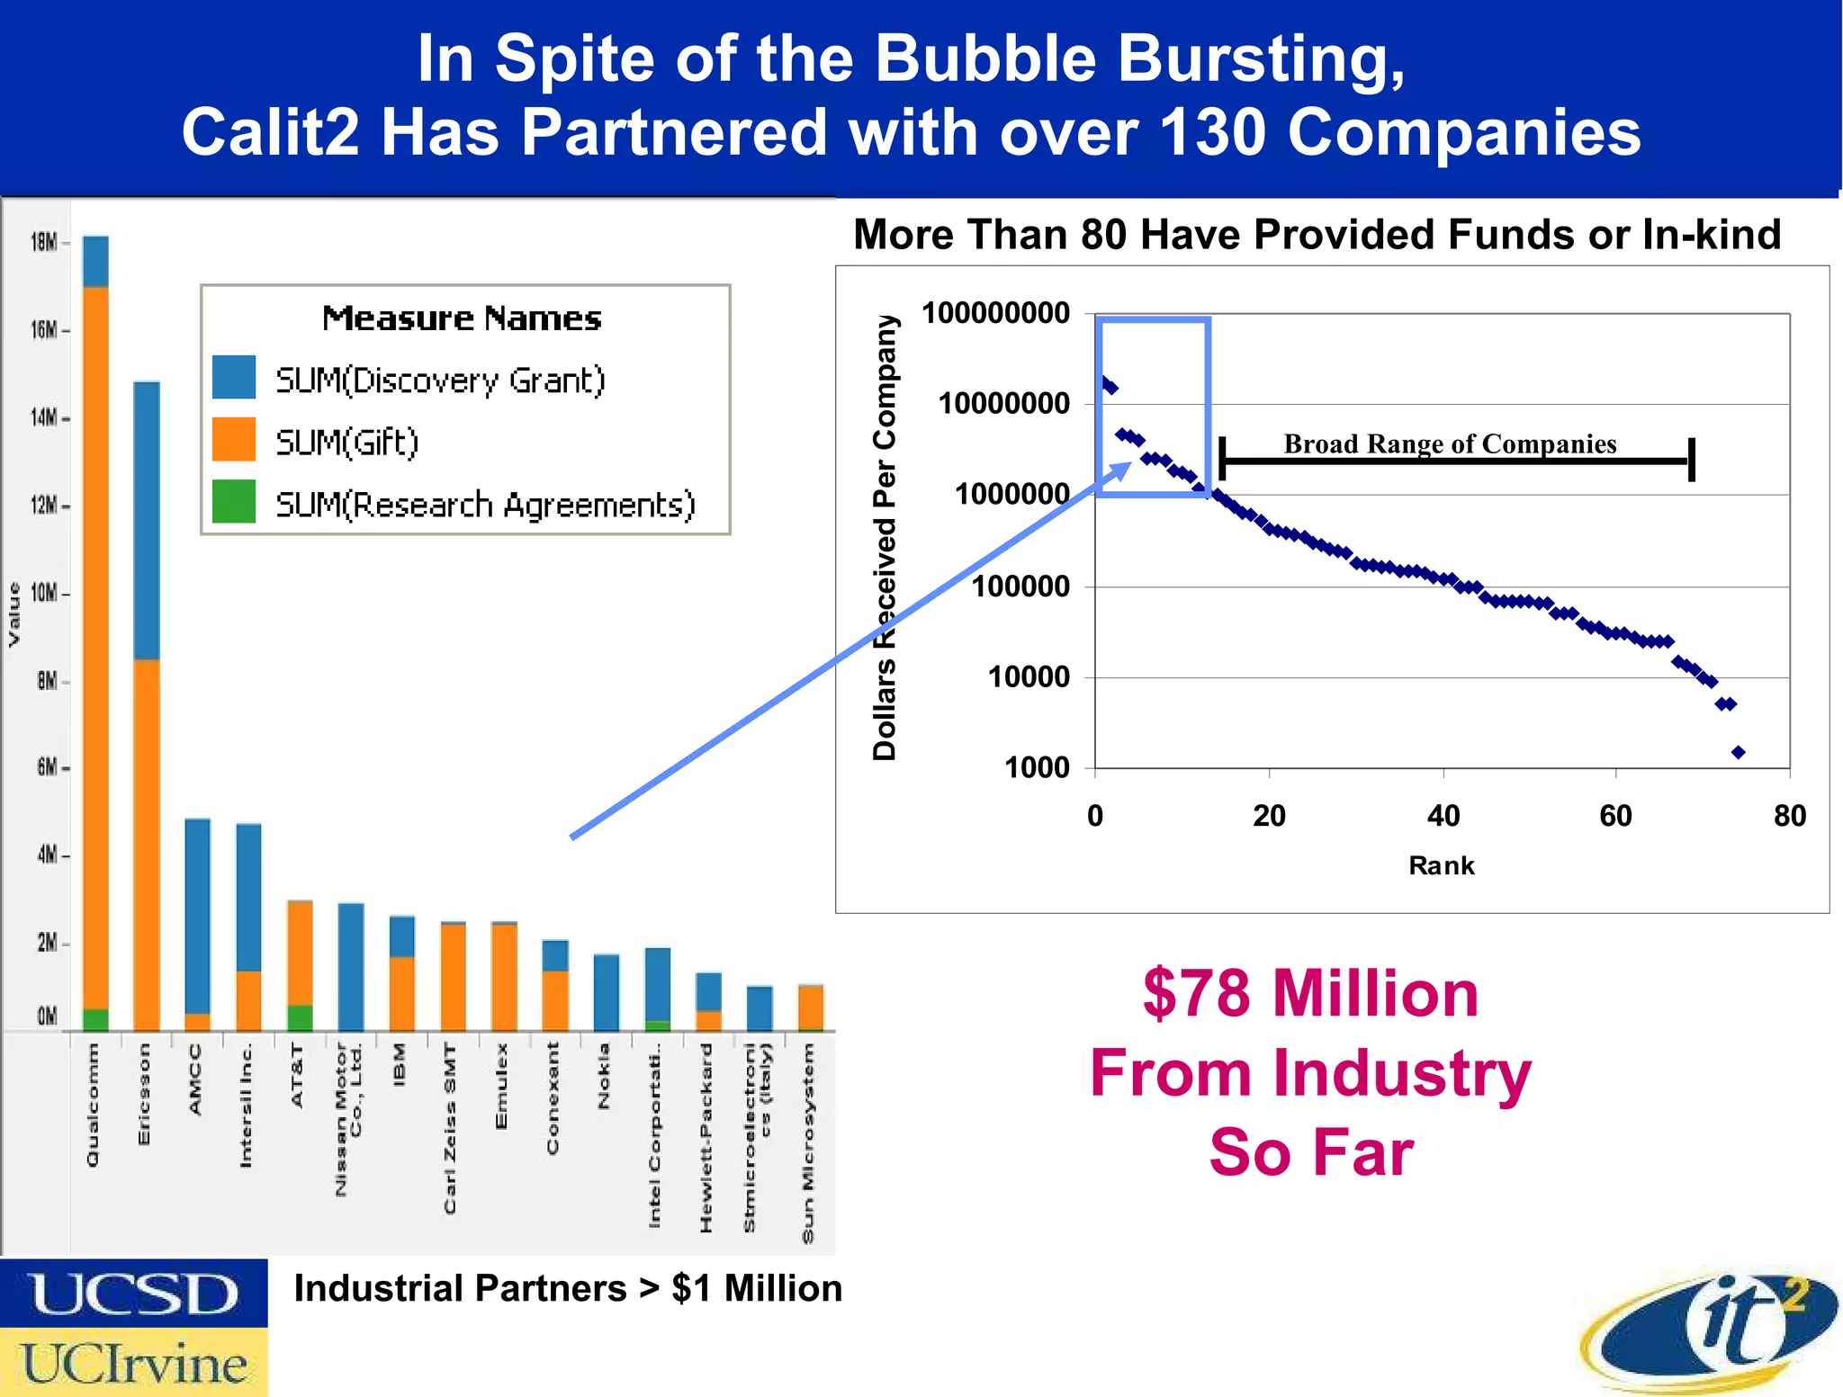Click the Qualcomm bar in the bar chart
point(95,630)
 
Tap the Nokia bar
point(607,991)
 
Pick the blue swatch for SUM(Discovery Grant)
point(234,378)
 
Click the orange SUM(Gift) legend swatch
point(234,440)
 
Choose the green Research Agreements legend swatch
point(234,502)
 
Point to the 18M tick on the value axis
point(45,242)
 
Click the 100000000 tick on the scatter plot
point(996,314)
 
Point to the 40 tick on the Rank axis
point(1443,816)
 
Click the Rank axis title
point(1441,865)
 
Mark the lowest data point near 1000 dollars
point(1738,752)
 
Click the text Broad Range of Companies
point(1450,443)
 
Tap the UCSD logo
point(133,1294)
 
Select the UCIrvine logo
point(133,1363)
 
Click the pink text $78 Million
point(1310,994)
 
